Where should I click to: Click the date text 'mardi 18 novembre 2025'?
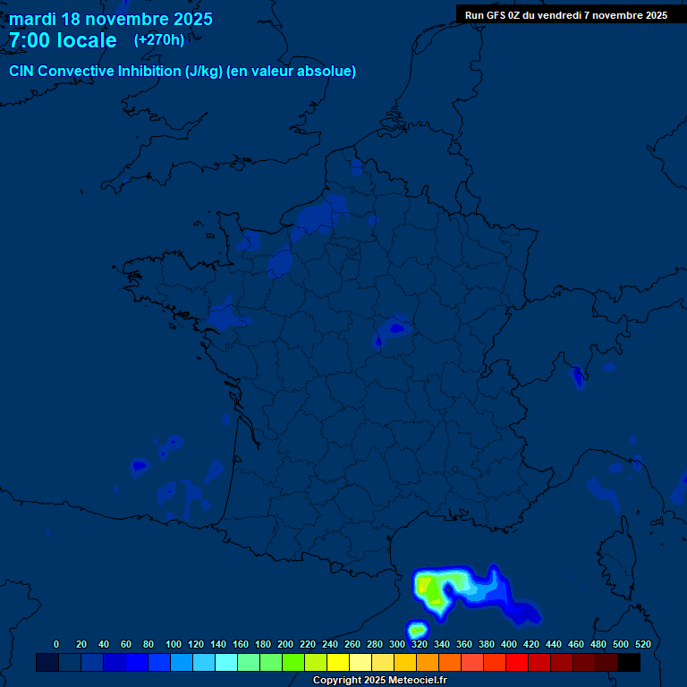tap(111, 19)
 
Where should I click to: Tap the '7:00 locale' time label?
tap(63, 40)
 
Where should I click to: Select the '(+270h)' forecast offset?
tap(159, 39)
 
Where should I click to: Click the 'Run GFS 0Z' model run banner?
tap(566, 15)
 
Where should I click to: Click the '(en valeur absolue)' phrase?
tap(292, 72)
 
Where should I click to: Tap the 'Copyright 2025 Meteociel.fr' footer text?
tap(379, 680)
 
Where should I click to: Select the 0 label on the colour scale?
tap(56, 644)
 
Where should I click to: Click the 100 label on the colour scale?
tap(174, 644)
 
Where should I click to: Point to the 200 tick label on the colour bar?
tap(285, 644)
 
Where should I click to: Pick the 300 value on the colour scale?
tap(397, 644)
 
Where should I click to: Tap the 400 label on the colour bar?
tap(509, 644)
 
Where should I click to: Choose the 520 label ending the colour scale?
tap(642, 644)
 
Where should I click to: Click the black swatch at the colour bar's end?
tap(629, 662)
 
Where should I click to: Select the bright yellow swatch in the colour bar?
tap(338, 662)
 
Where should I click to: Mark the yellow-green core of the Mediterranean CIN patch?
tap(433, 590)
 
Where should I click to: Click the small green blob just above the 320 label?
tap(417, 630)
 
